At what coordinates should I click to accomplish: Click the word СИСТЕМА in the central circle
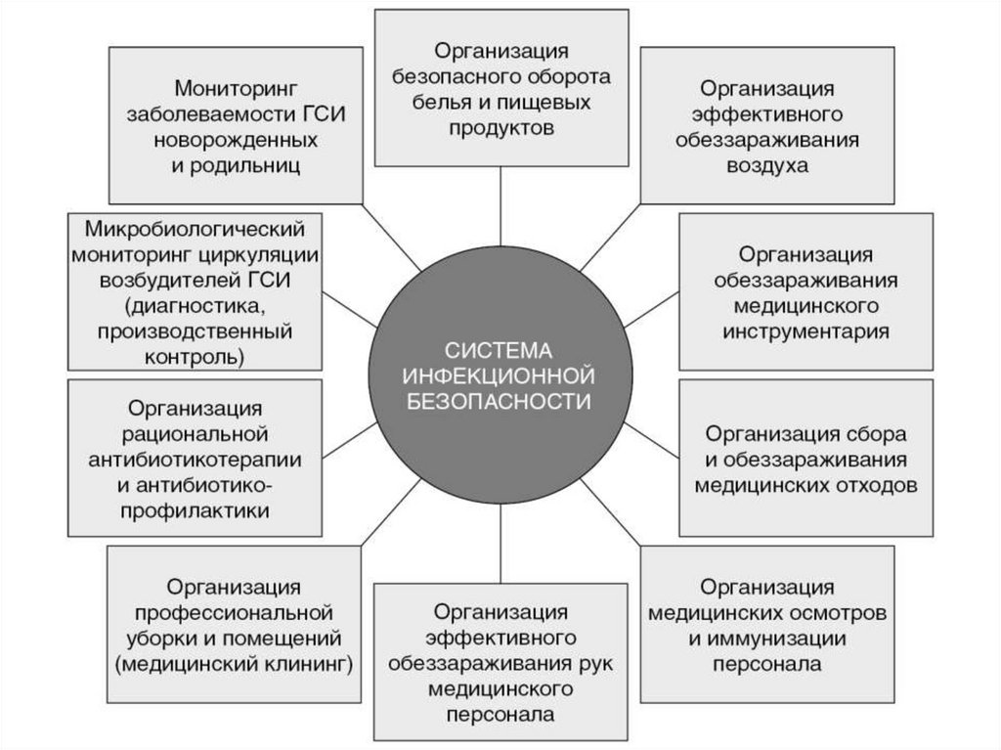(x=500, y=350)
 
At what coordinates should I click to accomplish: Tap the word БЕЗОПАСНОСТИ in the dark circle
(x=500, y=401)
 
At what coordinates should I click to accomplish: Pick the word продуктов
(x=500, y=127)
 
